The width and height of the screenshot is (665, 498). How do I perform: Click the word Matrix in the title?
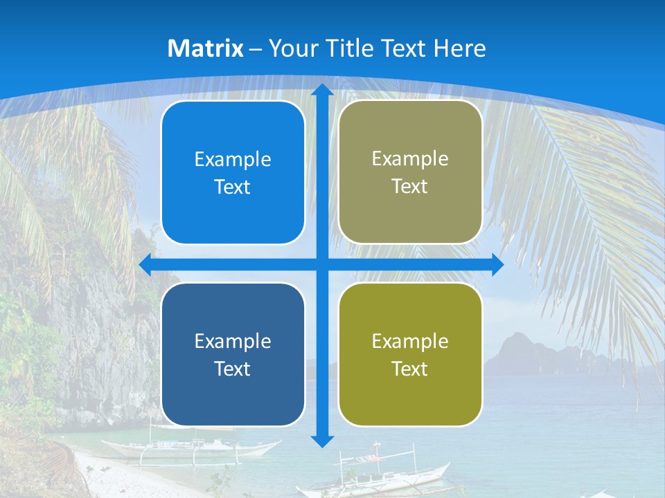206,48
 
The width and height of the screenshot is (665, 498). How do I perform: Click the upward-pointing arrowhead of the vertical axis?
322,91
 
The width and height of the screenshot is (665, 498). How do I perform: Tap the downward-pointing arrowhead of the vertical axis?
322,440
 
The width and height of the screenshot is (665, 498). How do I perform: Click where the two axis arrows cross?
322,265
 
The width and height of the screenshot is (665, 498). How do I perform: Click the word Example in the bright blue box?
233,160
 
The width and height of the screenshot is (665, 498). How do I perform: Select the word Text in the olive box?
410,369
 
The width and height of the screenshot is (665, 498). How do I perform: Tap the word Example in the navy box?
233,341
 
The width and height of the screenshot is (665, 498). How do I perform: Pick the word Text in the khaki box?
410,186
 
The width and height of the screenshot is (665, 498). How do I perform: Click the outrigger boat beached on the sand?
187,446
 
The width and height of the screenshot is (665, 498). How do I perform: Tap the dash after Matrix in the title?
256,49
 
